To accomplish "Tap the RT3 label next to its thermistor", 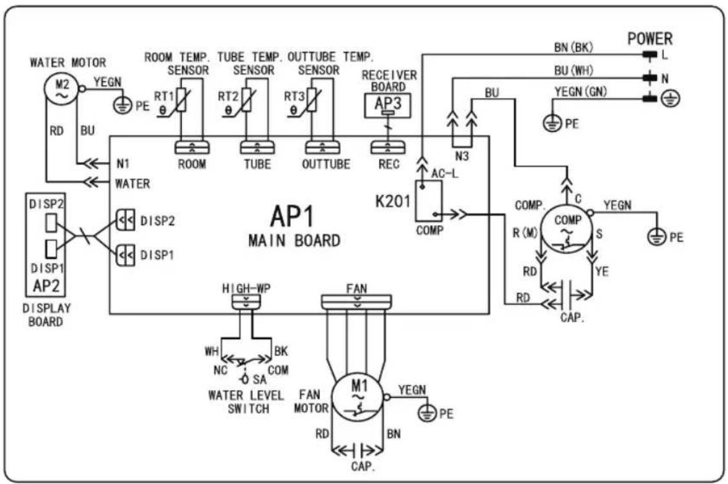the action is click(294, 96).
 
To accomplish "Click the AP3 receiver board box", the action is click(388, 105).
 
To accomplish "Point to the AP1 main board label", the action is click(292, 216).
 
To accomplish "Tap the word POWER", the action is click(650, 39).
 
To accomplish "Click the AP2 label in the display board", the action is click(47, 285).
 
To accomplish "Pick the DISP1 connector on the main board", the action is click(125, 254).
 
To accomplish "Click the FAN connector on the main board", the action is click(357, 302).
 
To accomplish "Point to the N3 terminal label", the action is click(462, 156).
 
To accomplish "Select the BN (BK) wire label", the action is click(573, 47).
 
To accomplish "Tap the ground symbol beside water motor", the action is click(123, 105).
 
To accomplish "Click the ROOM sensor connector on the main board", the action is click(192, 148).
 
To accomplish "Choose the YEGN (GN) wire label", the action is click(581, 92).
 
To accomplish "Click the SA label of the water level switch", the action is click(260, 379).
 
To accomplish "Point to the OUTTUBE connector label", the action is click(326, 164).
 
